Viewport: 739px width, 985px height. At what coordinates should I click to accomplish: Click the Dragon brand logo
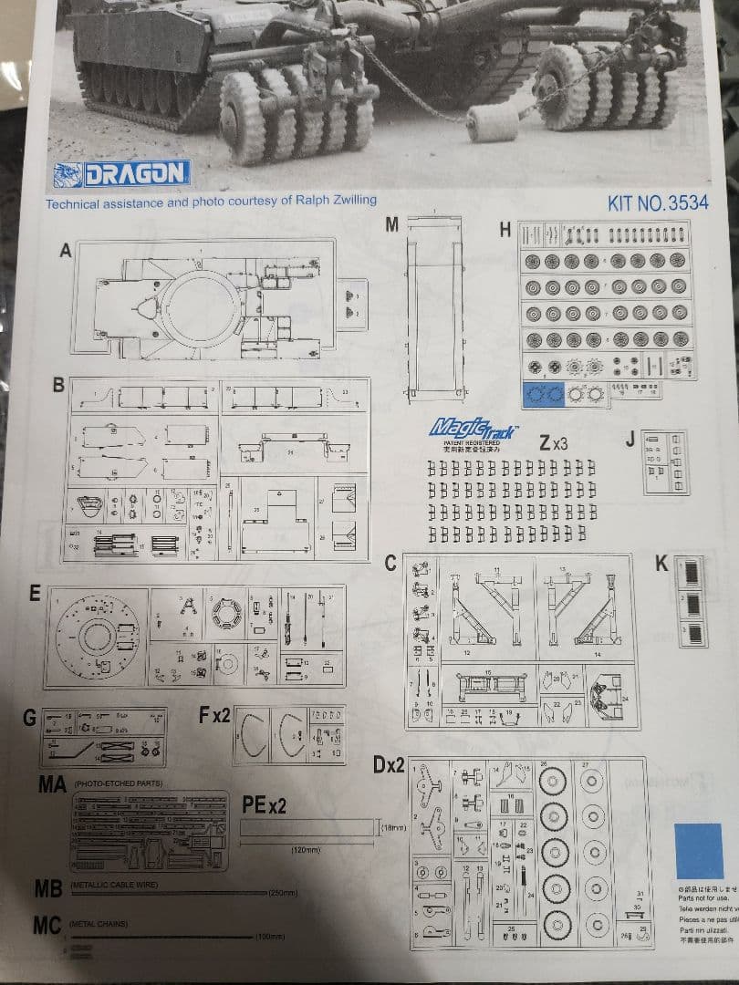coord(122,173)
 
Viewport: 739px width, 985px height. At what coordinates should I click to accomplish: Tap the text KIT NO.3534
coord(657,202)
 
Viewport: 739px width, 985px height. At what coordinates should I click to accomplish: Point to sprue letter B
coord(58,385)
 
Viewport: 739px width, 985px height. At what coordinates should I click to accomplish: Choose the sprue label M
coord(391,225)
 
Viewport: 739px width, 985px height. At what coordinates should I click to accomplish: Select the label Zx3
coord(554,443)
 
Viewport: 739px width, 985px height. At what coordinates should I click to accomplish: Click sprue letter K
coord(661,564)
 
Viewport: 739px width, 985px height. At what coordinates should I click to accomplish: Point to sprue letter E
coord(35,593)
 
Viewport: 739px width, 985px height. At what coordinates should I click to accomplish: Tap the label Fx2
coord(214,715)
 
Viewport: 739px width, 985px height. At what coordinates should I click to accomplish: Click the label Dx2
coord(389,764)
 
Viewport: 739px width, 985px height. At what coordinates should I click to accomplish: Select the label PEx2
coord(265,804)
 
